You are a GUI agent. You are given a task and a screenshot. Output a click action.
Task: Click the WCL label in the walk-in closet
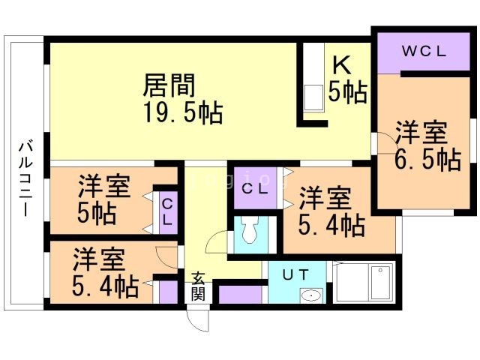424,51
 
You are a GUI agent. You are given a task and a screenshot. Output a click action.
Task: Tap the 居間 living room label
169,85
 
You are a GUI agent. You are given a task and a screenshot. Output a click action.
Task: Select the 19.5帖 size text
183,112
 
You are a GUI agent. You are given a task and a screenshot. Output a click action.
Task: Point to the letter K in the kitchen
342,64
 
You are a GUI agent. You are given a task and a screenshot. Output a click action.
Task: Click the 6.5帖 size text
427,159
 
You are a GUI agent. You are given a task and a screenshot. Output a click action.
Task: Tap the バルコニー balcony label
26,178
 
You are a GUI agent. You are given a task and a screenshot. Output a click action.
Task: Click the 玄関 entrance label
198,286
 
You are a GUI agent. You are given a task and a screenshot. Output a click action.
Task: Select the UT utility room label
295,274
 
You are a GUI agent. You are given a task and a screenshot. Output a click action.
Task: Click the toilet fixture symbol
250,229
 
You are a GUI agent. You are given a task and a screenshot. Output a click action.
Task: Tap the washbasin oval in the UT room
311,295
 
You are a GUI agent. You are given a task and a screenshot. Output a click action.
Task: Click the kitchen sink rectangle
313,97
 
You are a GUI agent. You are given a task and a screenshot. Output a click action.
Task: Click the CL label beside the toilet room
255,189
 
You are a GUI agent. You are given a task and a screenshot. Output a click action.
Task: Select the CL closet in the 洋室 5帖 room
168,212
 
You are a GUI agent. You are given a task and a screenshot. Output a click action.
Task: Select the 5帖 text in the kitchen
347,91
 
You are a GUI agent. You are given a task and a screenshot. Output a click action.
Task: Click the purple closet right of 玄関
241,295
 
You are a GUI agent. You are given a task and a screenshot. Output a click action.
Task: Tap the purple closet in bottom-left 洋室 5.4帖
168,292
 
